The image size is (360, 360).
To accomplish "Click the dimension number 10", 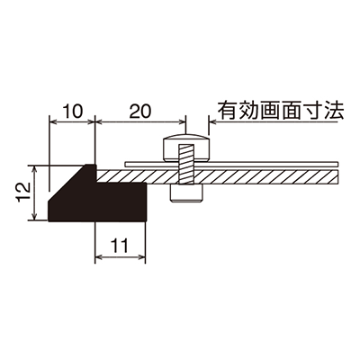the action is click(x=73, y=112).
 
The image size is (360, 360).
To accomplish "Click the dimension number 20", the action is click(x=140, y=112).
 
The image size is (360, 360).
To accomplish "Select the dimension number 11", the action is click(x=121, y=246).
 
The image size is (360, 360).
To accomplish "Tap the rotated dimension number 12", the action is click(x=24, y=193).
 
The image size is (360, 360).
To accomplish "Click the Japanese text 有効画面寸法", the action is click(x=281, y=111).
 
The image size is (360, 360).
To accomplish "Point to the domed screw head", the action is click(x=186, y=148).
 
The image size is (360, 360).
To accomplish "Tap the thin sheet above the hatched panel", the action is click(x=231, y=164).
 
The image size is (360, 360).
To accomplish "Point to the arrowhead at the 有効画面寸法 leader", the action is click(x=212, y=121).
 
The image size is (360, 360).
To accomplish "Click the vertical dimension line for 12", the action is click(x=35, y=193).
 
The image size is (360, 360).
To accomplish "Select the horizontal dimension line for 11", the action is click(x=120, y=256).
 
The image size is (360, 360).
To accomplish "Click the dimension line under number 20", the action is click(x=140, y=121).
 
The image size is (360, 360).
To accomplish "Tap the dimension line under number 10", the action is click(x=72, y=121).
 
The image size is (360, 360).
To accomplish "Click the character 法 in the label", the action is click(x=334, y=111).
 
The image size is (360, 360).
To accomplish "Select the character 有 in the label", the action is click(x=228, y=111).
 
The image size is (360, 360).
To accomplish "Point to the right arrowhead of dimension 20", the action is click(x=182, y=121).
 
